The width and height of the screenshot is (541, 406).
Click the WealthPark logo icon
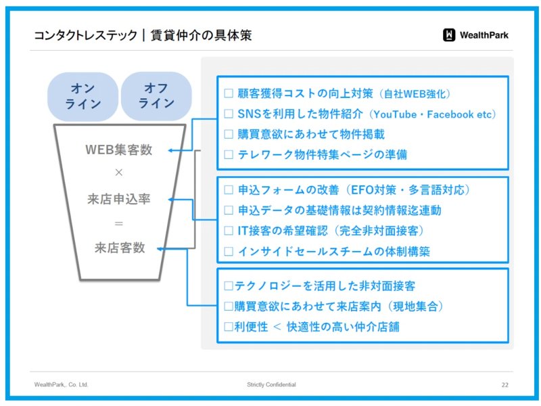coord(449,35)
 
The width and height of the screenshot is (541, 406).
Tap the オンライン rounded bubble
coord(83,96)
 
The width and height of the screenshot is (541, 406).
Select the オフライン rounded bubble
coord(156,95)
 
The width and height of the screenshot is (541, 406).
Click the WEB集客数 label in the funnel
coord(119,150)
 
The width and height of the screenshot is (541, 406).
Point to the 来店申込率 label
coord(119,199)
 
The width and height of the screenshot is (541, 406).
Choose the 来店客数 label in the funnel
coord(120,248)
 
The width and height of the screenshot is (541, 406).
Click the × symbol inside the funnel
coord(119,173)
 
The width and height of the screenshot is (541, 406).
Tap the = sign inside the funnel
coord(119,223)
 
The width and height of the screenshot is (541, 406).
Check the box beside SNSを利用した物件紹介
coord(229,114)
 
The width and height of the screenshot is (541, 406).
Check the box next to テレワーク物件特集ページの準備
coord(229,154)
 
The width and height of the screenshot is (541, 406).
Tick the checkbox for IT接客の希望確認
coord(229,231)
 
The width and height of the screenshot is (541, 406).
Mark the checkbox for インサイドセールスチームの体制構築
coord(229,251)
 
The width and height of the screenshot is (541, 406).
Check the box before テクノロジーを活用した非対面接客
coord(229,286)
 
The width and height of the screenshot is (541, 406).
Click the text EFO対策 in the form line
coord(374,190)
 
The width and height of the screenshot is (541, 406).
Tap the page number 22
coord(504,385)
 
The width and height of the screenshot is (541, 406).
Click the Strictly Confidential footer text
coord(271,384)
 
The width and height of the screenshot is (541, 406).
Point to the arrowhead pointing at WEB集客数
coord(170,150)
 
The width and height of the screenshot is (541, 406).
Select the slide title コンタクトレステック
coord(86,35)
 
